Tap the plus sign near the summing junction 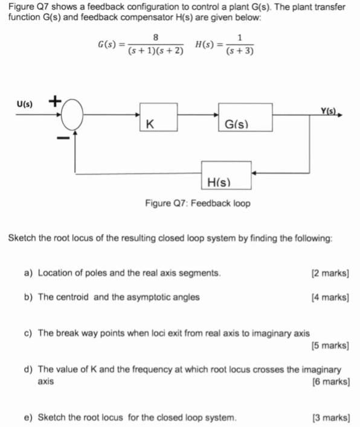point(53,101)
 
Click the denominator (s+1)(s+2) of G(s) point(156,52)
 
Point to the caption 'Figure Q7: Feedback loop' point(198,203)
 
